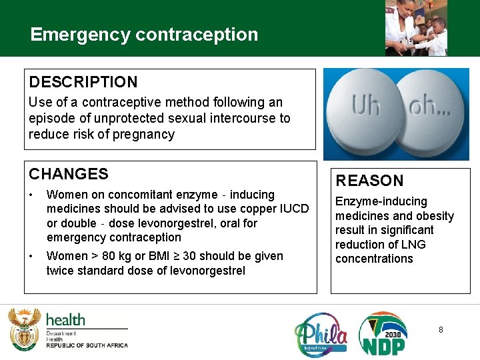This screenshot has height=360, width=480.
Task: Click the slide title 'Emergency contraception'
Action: point(144,35)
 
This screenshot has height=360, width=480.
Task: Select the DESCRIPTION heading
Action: point(83,83)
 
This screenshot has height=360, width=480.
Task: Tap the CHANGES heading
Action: point(69,175)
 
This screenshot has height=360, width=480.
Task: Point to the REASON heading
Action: point(369,181)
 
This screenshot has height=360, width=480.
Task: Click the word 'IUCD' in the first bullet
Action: point(293,209)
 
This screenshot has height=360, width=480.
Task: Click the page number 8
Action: point(441,330)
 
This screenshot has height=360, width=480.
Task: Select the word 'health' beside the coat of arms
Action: point(65,319)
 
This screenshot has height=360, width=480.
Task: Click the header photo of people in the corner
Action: point(416,27)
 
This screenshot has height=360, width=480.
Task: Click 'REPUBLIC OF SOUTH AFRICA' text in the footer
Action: point(87,345)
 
